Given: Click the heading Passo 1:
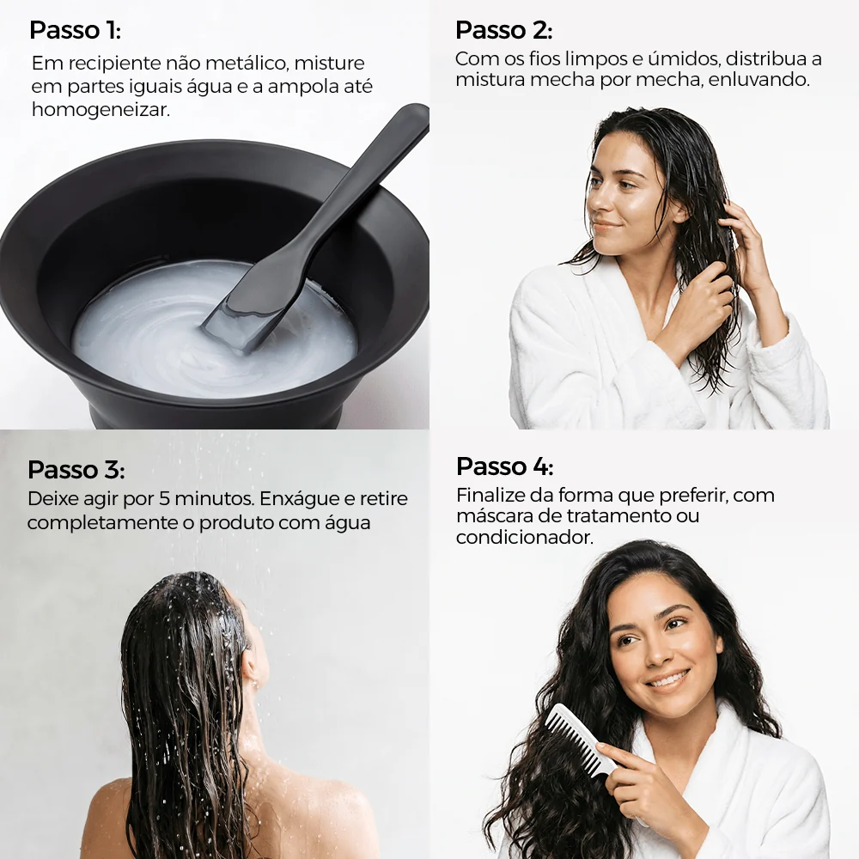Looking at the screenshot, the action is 75,30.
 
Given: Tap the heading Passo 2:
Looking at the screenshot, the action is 504,30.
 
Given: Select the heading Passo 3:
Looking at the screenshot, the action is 76,470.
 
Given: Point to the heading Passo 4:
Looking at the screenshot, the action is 504,466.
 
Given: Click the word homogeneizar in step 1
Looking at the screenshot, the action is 101,110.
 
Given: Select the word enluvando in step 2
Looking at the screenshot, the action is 758,80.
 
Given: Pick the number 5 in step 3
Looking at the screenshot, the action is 164,498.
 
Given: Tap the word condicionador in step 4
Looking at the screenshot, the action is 524,538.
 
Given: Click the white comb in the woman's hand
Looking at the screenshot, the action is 582,740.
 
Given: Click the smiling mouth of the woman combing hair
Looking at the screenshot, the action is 667,681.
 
